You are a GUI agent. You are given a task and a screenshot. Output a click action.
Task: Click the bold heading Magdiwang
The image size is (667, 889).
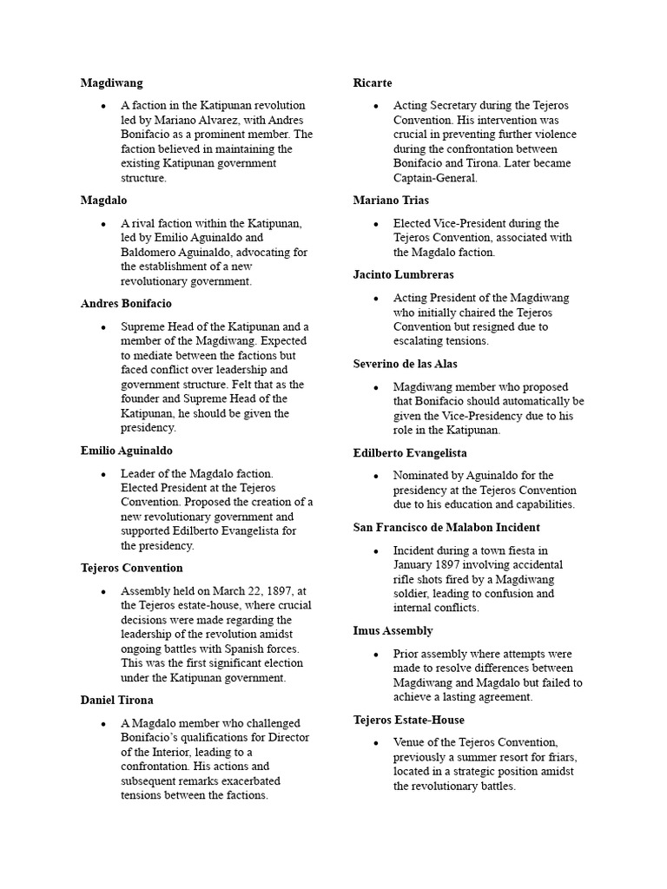tap(111, 82)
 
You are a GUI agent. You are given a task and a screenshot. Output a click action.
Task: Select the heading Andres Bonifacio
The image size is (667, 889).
tap(126, 304)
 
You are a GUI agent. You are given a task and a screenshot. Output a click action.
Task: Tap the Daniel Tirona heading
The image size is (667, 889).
tap(117, 700)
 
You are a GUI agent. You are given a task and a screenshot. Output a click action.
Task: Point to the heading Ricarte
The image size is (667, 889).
tap(373, 82)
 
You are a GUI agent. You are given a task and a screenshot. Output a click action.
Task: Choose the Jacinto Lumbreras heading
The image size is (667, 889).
tap(403, 274)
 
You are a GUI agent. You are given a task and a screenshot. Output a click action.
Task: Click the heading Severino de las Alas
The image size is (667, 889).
tap(405, 364)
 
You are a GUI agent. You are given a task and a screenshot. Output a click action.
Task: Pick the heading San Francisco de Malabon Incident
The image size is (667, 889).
tap(446, 527)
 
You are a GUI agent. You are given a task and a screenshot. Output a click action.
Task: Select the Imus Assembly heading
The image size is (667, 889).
tap(393, 630)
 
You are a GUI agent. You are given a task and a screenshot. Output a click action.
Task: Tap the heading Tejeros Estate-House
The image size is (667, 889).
tap(408, 720)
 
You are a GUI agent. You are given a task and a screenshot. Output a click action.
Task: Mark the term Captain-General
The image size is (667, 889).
tap(435, 178)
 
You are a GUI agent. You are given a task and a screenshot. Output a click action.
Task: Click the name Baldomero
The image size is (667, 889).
tap(153, 252)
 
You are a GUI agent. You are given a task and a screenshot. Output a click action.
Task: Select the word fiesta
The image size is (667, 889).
tap(529, 550)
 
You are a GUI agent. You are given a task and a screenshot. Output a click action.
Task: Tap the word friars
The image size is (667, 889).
tap(558, 757)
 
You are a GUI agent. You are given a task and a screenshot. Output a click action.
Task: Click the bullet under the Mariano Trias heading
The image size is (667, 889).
tap(376, 223)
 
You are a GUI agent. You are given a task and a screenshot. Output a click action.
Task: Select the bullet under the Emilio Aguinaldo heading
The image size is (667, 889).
tap(103, 474)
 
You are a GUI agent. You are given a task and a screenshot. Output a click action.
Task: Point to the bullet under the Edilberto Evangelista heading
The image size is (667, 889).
tap(376, 476)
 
